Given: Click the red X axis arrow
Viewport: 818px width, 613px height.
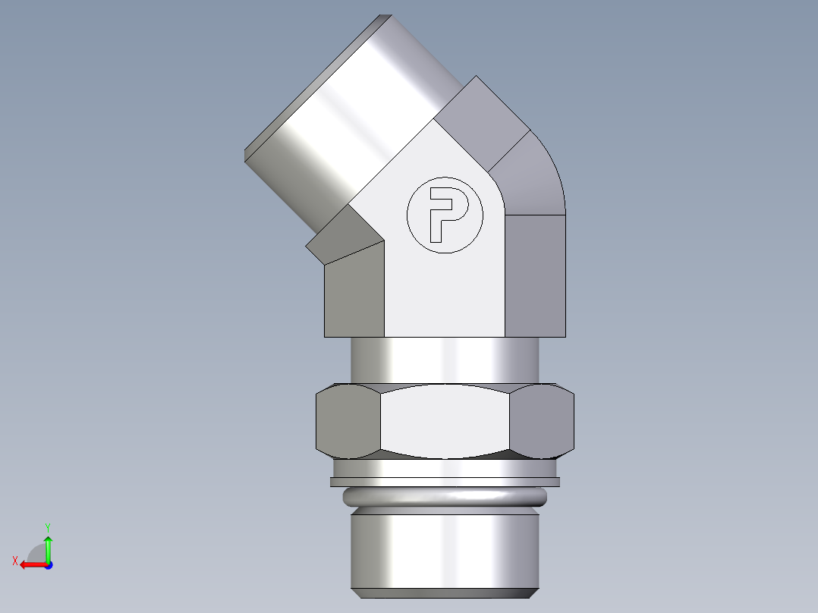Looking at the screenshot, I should [29, 564].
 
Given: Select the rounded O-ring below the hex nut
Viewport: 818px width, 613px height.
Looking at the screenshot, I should [445, 498].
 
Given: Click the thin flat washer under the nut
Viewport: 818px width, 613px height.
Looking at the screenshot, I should [445, 482].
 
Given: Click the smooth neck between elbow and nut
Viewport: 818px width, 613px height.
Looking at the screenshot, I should [445, 360].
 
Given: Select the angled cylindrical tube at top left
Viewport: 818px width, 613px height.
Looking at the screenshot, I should [341, 121].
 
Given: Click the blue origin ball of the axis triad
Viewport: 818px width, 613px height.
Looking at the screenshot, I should [48, 564].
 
